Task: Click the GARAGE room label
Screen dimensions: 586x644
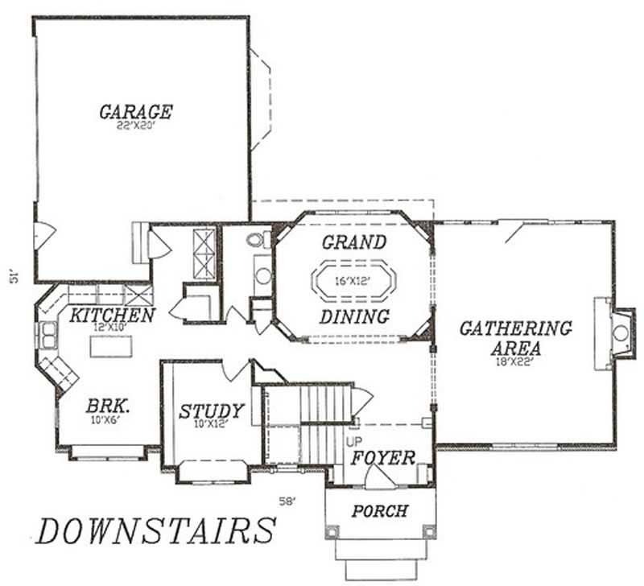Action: (x=135, y=111)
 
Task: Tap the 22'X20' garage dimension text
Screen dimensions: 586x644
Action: (x=135, y=126)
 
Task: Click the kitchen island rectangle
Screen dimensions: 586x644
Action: (x=110, y=346)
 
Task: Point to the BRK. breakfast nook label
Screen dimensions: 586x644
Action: (x=107, y=406)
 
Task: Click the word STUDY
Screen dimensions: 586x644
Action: (x=211, y=412)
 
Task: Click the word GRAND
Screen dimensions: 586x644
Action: (x=354, y=242)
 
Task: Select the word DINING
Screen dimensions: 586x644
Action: (x=354, y=316)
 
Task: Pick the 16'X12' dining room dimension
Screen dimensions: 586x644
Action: (x=354, y=282)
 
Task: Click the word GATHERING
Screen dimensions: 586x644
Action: (x=515, y=328)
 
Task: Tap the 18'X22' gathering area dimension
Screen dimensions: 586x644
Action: (x=516, y=361)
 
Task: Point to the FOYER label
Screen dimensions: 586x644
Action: (x=382, y=459)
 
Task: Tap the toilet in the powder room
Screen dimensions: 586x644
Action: (x=259, y=239)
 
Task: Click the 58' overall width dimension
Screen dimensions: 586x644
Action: (x=287, y=501)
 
